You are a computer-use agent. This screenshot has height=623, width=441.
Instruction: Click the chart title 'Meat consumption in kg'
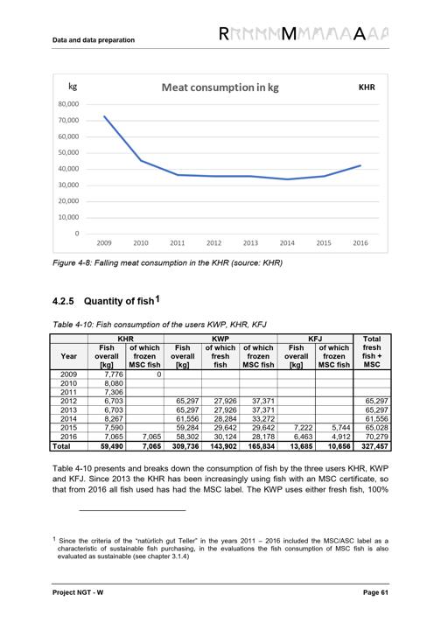(x=220, y=87)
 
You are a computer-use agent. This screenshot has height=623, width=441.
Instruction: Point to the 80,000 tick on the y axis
(x=69, y=104)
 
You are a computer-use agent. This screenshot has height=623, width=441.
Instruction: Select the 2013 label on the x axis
(x=250, y=242)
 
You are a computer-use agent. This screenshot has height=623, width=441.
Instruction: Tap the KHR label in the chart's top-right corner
(x=367, y=87)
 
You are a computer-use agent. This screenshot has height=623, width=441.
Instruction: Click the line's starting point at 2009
(x=104, y=116)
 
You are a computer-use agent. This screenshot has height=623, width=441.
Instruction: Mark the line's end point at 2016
(x=360, y=165)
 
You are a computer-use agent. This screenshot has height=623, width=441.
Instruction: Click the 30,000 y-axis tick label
(x=69, y=185)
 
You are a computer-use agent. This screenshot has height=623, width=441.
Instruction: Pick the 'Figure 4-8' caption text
(x=168, y=263)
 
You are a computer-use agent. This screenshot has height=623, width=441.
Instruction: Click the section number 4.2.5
(x=63, y=301)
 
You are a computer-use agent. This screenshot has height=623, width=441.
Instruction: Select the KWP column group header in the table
(x=220, y=339)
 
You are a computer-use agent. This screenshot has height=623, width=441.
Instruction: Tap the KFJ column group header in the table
(x=315, y=339)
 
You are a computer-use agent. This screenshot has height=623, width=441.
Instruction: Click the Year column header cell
(x=69, y=356)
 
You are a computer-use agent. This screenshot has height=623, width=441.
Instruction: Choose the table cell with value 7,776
(x=114, y=374)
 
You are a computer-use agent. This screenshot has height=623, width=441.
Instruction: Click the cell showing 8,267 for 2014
(x=114, y=419)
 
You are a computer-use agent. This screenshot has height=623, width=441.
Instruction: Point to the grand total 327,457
(x=374, y=446)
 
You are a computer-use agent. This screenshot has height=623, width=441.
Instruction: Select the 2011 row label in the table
(x=68, y=392)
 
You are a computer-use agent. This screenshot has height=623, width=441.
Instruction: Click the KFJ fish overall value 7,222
(x=303, y=428)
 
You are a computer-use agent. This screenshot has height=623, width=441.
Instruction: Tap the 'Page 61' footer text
(x=375, y=592)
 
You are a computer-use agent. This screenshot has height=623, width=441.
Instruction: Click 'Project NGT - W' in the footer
(x=78, y=592)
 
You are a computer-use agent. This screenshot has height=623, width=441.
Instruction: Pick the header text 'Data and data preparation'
(x=94, y=40)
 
